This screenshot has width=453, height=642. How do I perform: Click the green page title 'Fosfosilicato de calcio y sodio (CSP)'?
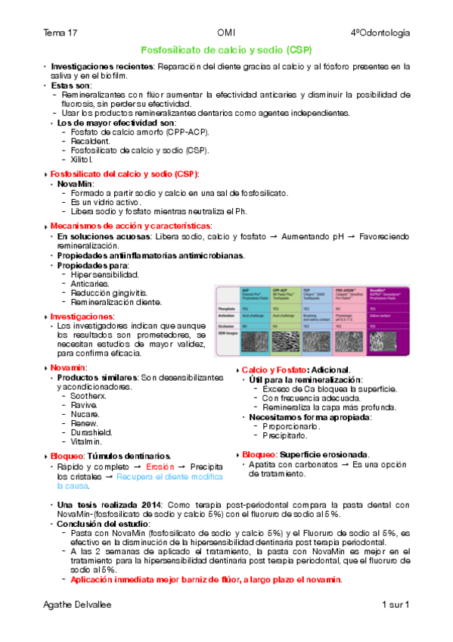227,50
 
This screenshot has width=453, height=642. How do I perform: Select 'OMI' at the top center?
226,33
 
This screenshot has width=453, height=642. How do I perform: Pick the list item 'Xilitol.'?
82,159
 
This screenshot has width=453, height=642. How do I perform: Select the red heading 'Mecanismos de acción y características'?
130,226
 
